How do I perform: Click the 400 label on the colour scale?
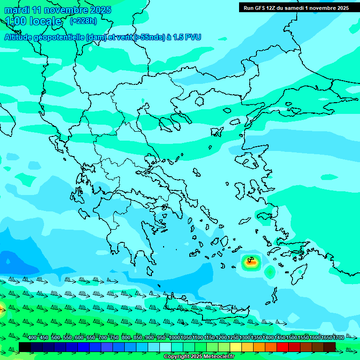pyautogui.click(x=32, y=337)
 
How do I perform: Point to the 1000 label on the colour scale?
pyautogui.click(x=174, y=337)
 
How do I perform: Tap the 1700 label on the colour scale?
pyautogui.click(x=338, y=337)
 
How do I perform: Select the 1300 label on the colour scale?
pyautogui.click(x=245, y=337)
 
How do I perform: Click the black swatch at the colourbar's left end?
pyautogui.click(x=25, y=347)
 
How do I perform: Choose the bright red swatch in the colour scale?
pyautogui.click(x=283, y=347)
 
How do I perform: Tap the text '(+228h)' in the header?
pyautogui.click(x=83, y=21)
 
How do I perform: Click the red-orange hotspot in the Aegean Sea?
pyautogui.click(x=251, y=262)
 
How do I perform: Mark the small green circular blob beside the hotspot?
pyautogui.click(x=270, y=271)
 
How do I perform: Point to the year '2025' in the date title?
pyautogui.click(x=100, y=9)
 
